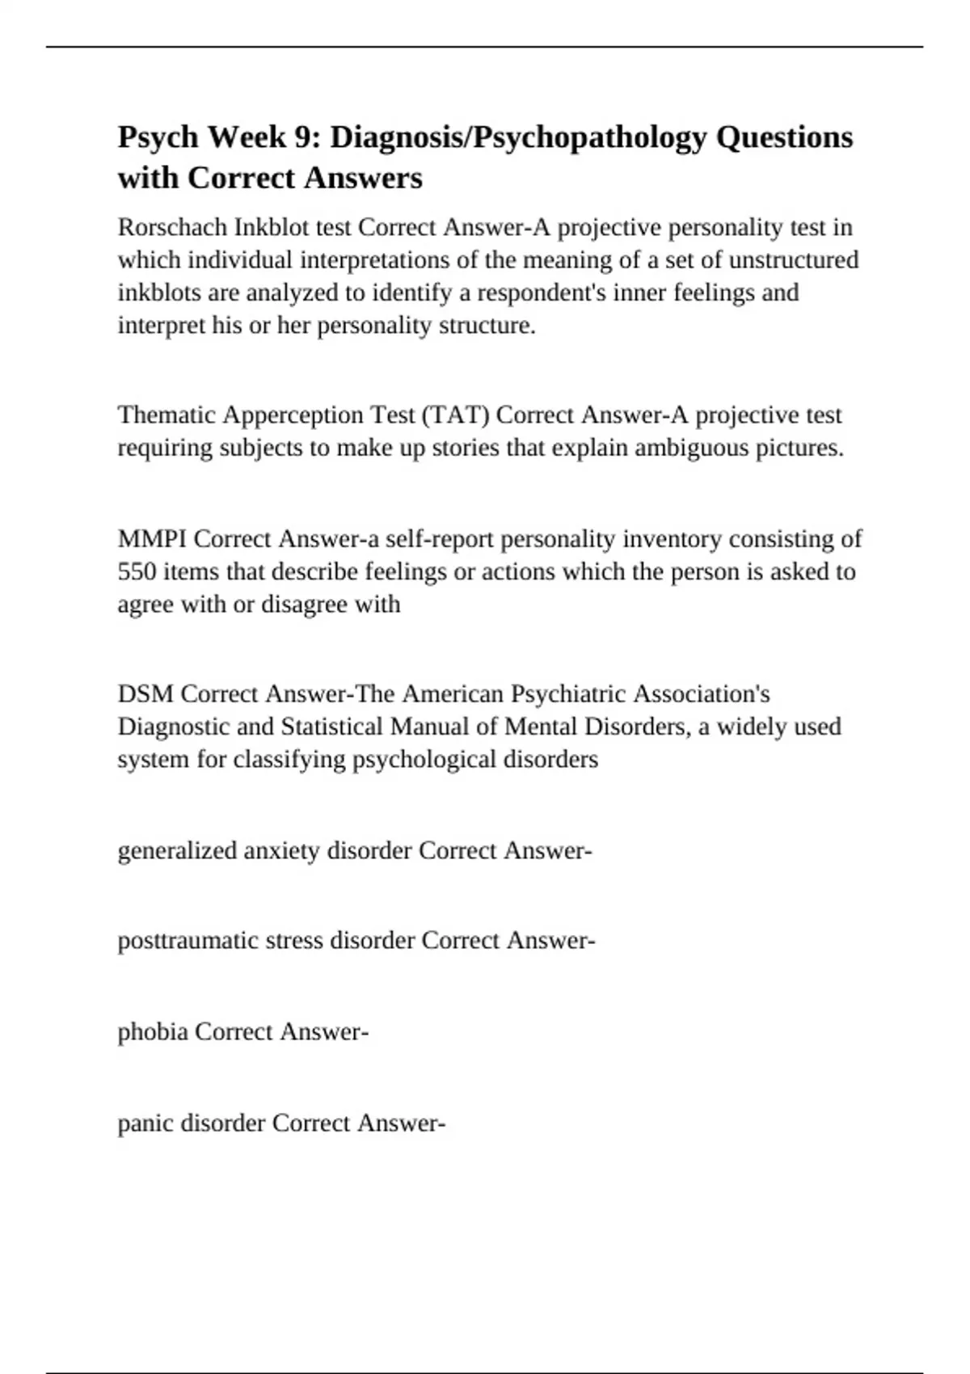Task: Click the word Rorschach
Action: pyautogui.click(x=172, y=227)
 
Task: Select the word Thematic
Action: pyautogui.click(x=166, y=415)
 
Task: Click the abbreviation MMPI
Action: pyautogui.click(x=152, y=538)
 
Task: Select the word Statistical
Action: pyautogui.click(x=332, y=727)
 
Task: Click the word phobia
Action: pyautogui.click(x=153, y=1032)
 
